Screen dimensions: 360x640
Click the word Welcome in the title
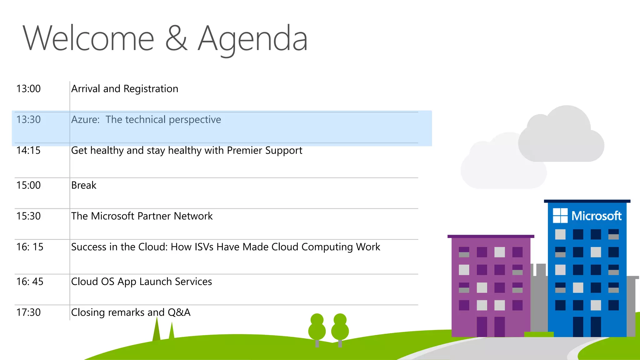coord(88,39)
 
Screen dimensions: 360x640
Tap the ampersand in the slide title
coord(176,39)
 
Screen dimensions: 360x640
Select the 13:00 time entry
coord(28,89)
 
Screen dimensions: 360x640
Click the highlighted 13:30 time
coord(28,120)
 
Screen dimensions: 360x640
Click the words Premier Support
coord(264,150)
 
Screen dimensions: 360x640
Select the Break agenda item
coord(84,185)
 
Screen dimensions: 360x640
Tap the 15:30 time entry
coord(28,216)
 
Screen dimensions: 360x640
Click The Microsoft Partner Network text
coord(142,216)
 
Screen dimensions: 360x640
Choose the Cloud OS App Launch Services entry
coord(141,282)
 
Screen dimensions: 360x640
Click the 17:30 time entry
coord(28,312)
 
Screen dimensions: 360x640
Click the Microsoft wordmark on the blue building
coord(596,216)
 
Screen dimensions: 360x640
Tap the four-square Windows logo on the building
coord(560,216)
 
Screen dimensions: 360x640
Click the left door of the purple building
coord(482,326)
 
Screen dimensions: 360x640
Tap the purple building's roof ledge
coord(491,237)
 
